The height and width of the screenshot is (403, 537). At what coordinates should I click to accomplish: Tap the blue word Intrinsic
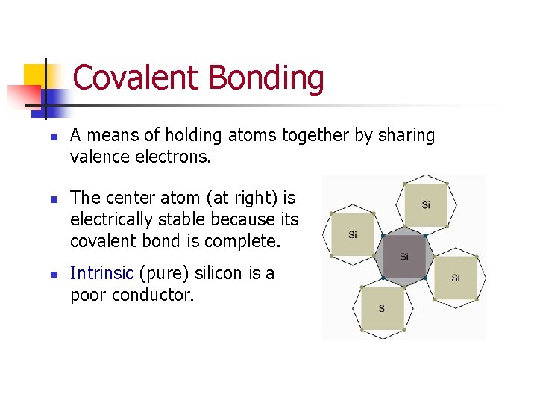pyautogui.click(x=101, y=273)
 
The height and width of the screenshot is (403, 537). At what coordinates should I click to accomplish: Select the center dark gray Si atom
pyautogui.click(x=403, y=257)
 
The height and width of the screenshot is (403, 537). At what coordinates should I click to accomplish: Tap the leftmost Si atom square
pyautogui.click(x=353, y=234)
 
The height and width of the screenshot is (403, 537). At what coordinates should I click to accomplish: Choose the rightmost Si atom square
pyautogui.click(x=455, y=278)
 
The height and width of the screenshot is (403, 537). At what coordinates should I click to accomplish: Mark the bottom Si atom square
pyautogui.click(x=382, y=308)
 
